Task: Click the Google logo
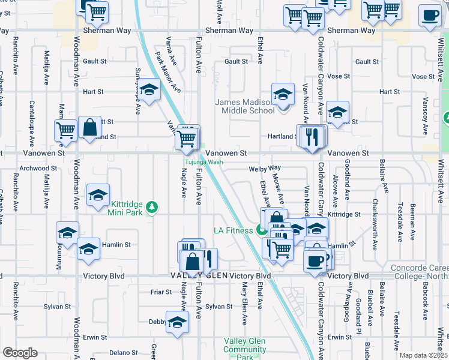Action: (20, 353)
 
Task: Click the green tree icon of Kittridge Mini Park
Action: (153, 207)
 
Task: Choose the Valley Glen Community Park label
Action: (244, 349)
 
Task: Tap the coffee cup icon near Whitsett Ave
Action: (429, 16)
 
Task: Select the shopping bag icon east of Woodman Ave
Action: (89, 128)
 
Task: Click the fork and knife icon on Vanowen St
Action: (311, 136)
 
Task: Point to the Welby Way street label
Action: (265, 169)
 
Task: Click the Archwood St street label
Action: (37, 168)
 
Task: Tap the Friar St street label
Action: (161, 292)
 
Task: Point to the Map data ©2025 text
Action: (423, 355)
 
